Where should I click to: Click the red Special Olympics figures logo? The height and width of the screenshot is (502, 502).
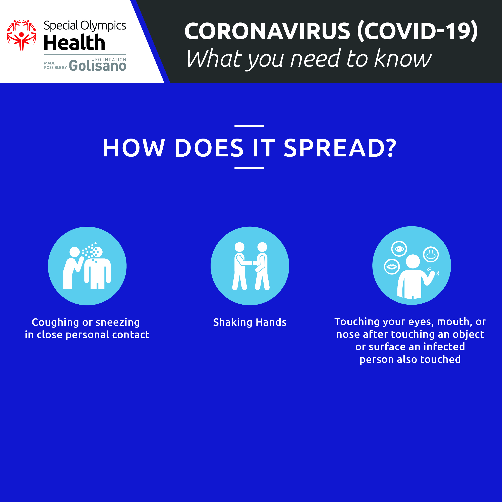21,35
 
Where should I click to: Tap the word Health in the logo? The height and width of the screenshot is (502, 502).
74,42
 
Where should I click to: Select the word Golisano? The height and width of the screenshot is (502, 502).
98,65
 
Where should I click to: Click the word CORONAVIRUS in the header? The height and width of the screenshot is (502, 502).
267,31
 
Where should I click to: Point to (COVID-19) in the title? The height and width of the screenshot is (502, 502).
417,31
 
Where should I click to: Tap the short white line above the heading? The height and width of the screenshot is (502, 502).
249,126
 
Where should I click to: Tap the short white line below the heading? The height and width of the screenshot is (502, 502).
249,168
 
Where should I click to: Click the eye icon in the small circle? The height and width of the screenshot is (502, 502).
399,249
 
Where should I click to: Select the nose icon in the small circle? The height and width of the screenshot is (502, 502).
431,254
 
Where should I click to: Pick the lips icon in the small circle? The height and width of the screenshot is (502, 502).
392,267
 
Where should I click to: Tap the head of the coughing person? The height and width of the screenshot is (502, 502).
75,252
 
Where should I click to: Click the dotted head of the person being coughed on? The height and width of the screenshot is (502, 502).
97,252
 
